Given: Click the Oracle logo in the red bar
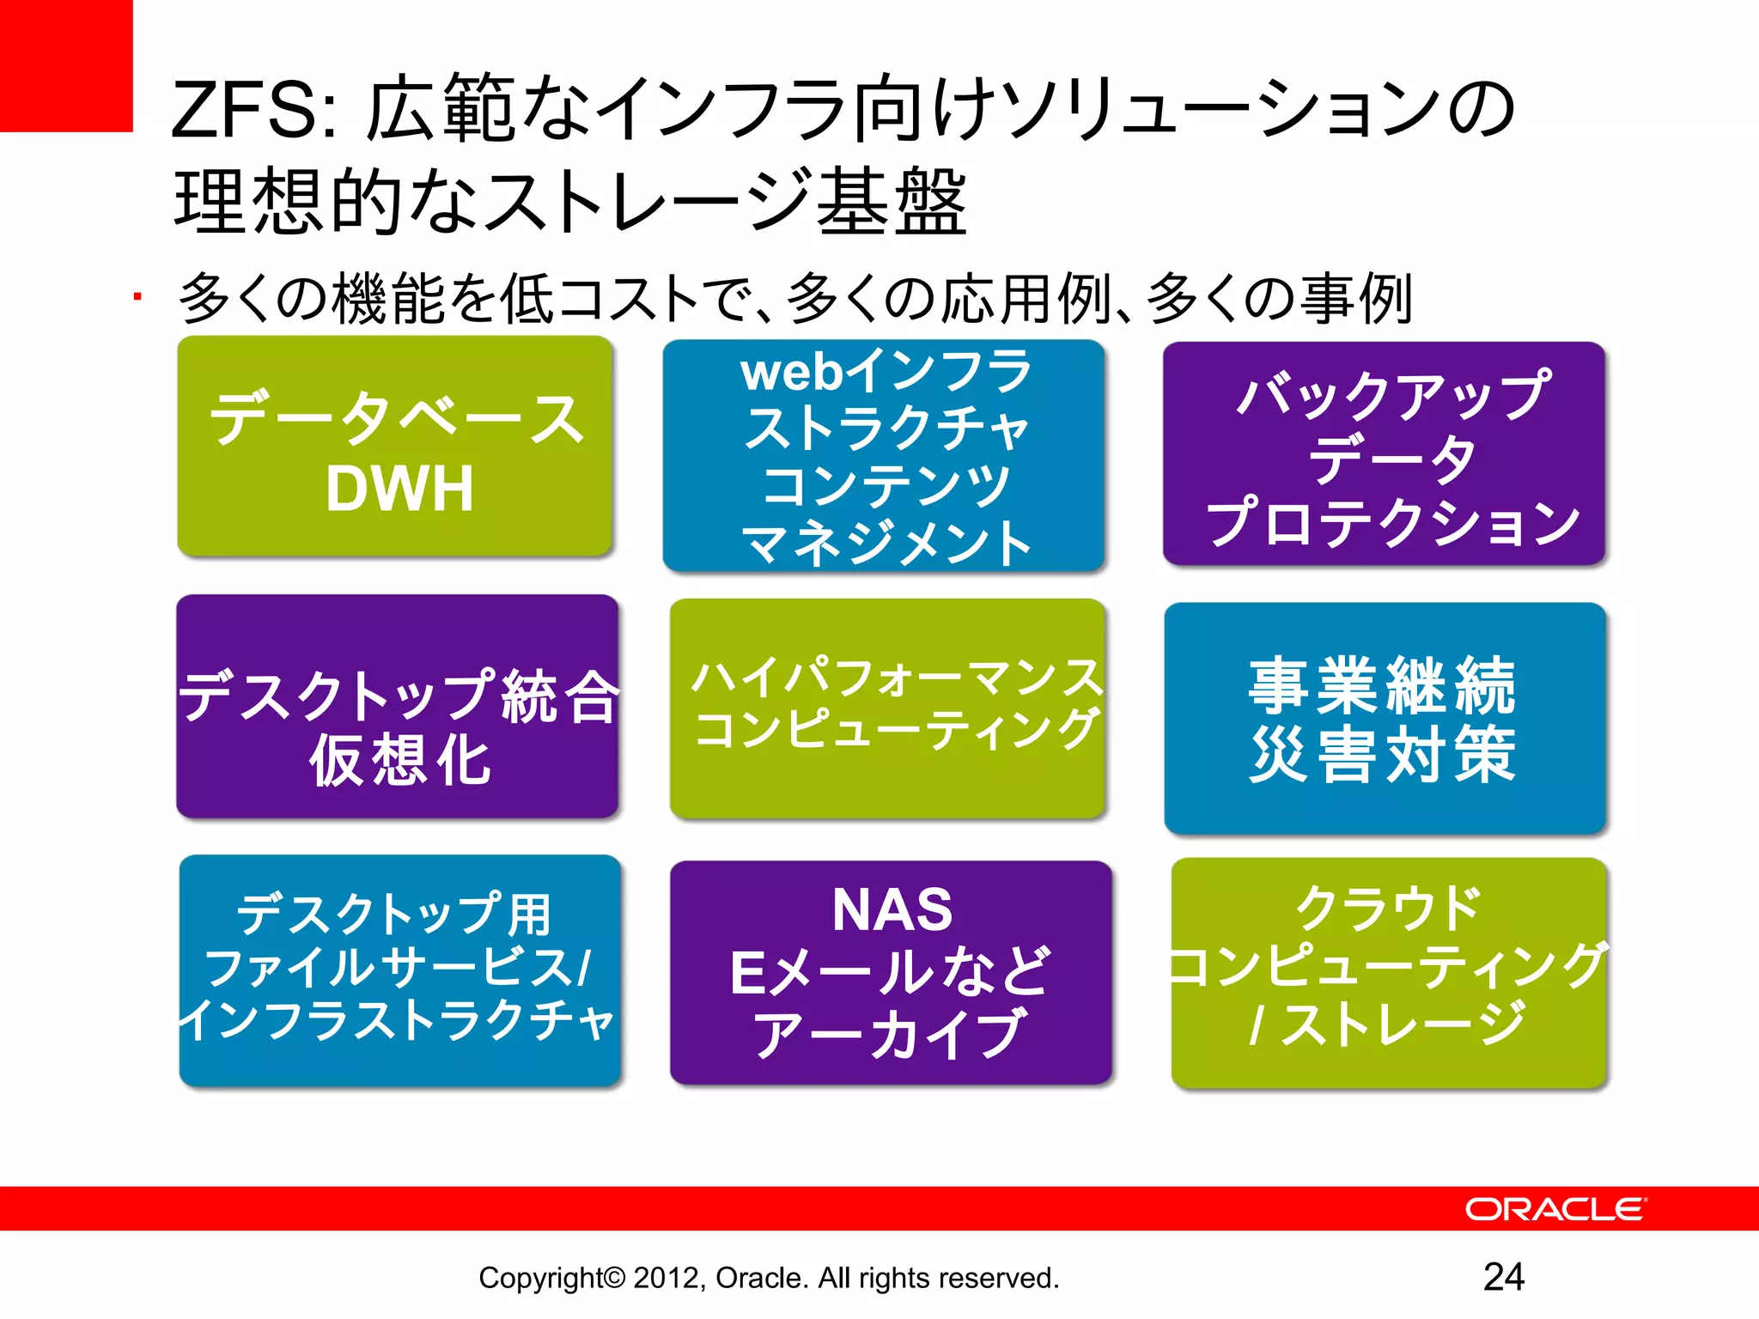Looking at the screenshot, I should click(1555, 1209).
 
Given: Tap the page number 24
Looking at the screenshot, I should click(1503, 1277).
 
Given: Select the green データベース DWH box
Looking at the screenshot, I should click(395, 447).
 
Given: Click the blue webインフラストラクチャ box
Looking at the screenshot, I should click(884, 456).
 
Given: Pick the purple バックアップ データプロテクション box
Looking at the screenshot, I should click(1384, 453).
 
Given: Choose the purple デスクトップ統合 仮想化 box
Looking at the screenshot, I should click(398, 706).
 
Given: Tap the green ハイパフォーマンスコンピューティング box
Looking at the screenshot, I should click(887, 708).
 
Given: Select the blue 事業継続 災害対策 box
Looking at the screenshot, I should click(1385, 718).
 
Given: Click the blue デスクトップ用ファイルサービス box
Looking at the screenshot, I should click(400, 970).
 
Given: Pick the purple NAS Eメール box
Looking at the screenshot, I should click(891, 972).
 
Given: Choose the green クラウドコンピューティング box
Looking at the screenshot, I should click(1389, 973).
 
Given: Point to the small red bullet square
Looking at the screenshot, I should click(137, 297).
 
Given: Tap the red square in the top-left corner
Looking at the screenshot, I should click(66, 65).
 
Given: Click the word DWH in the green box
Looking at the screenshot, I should click(399, 489).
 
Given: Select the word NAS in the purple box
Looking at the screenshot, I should click(892, 909).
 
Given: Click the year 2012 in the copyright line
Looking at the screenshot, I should click(667, 1278).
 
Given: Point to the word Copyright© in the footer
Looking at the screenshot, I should click(552, 1278).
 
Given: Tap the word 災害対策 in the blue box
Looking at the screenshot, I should click(1383, 754).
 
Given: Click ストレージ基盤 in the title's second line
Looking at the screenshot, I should click(726, 203).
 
